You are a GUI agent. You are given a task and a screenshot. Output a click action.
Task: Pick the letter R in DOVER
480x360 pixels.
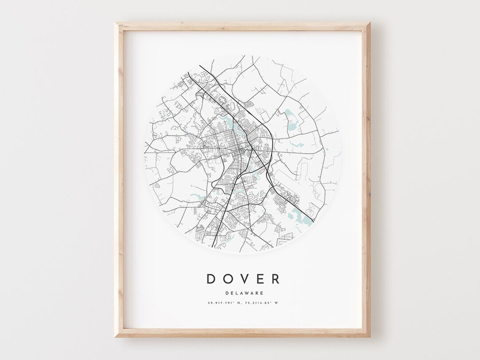275,279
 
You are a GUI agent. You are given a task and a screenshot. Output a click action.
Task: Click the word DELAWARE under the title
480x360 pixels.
244,293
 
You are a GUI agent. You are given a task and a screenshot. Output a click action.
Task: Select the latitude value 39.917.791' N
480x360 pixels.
224,304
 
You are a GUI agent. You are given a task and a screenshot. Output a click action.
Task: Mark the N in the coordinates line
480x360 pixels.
240,304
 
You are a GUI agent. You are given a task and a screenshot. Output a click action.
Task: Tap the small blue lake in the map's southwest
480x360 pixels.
196,195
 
